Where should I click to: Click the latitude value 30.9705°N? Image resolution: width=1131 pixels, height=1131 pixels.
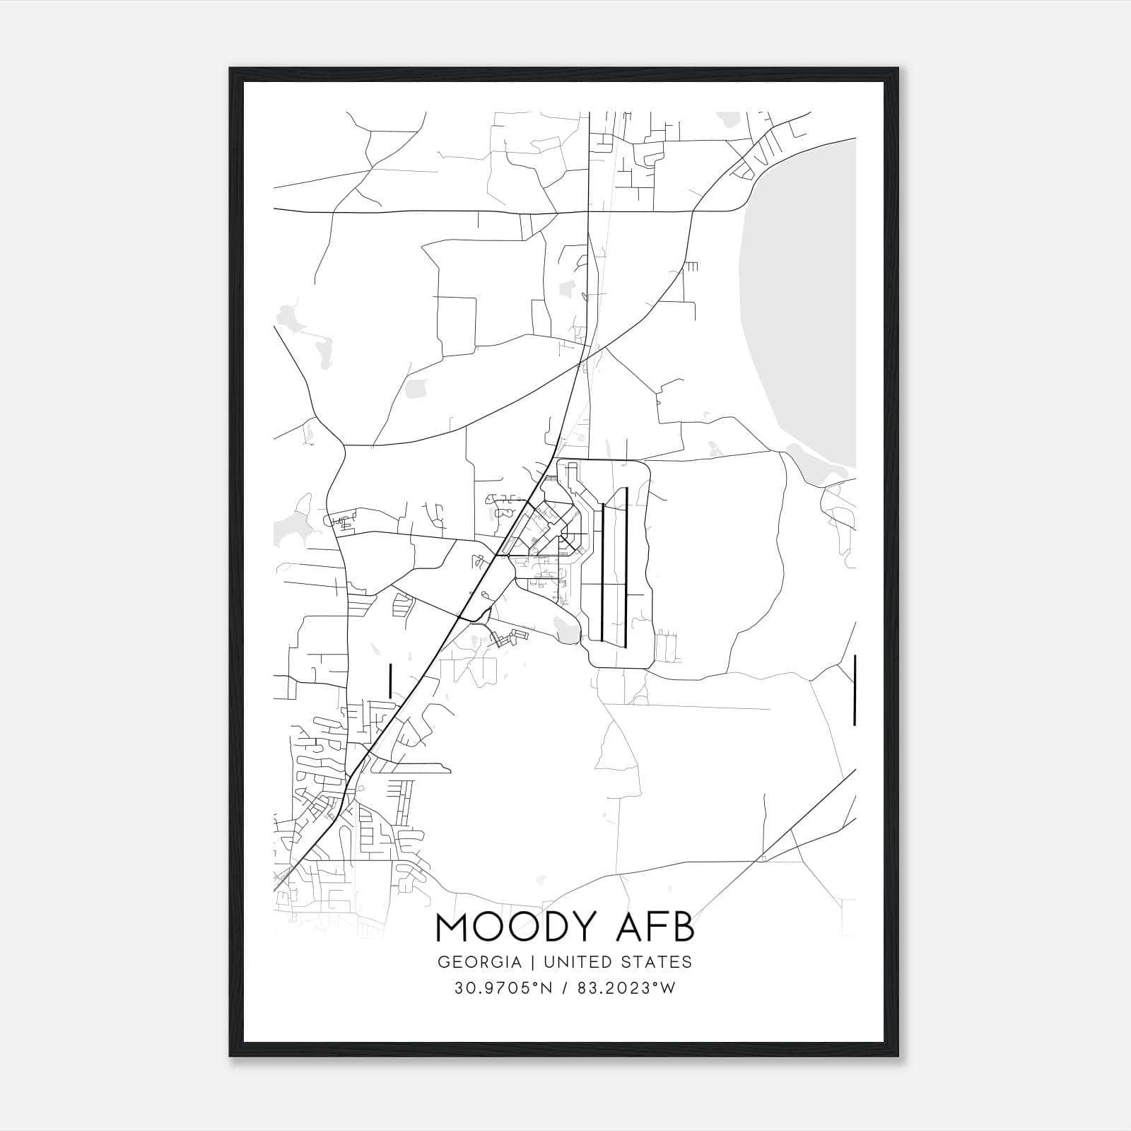coord(502,988)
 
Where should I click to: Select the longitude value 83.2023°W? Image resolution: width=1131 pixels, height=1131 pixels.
coord(627,988)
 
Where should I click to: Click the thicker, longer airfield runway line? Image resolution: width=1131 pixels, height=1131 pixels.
coord(626,565)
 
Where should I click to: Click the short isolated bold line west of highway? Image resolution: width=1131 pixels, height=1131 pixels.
coord(390,680)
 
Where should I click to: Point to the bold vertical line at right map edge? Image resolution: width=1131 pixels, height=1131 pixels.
coord(855,689)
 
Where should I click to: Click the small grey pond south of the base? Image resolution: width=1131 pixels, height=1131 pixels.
coord(566,628)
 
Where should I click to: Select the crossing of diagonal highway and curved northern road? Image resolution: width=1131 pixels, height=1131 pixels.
coord(580,362)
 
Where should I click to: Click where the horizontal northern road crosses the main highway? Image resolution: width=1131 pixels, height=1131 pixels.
coord(588,211)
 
